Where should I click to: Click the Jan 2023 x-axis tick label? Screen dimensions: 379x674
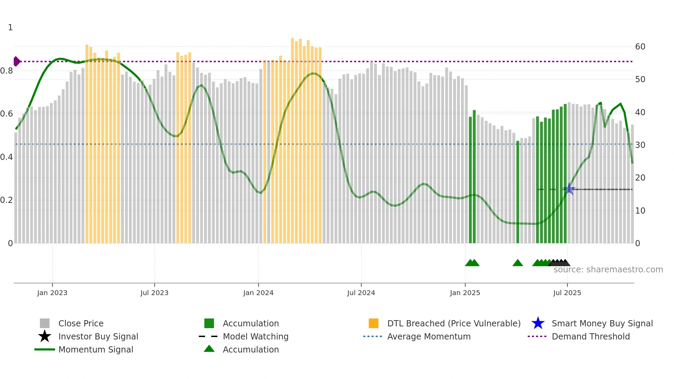point(52,293)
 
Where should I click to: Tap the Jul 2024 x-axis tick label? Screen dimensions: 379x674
point(361,293)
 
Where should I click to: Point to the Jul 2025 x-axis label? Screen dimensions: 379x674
point(567,293)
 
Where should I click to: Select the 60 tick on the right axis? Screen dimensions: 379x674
point(640,47)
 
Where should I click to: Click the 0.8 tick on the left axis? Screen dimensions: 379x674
point(7,71)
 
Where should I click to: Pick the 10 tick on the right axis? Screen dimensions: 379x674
point(640,211)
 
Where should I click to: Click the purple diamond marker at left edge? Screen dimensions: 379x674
point(17,62)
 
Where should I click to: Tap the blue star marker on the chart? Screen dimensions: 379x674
point(569,189)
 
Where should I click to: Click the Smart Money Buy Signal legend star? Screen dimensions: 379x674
point(538,323)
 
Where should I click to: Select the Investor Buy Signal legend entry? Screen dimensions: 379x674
point(98,336)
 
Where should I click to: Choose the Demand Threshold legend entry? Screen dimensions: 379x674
point(590,336)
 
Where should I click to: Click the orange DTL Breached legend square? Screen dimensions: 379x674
point(373,323)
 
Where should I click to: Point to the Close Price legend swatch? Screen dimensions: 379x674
point(45,323)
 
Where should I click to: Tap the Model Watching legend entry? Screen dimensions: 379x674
point(255,336)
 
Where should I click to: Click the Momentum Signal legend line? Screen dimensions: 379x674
point(45,349)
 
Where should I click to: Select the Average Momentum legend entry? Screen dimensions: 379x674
point(428,336)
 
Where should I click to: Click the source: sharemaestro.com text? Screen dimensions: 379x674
point(608,270)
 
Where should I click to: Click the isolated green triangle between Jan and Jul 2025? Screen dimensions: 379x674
point(518,263)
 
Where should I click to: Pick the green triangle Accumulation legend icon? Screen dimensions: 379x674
point(209,349)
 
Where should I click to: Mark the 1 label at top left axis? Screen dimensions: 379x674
point(10,28)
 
